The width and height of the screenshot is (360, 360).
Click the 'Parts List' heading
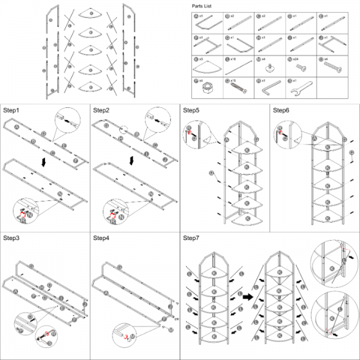pos(201,6)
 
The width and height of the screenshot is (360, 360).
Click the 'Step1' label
pos(11,110)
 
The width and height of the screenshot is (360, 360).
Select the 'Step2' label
pos(101,110)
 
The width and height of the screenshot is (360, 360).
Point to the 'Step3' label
pos(11,238)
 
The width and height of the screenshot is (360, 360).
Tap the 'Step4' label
pos(101,238)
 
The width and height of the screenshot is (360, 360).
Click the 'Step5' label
pos(191,110)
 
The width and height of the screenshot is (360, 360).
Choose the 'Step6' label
pos(281,110)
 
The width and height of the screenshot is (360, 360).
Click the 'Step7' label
pos(191,238)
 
